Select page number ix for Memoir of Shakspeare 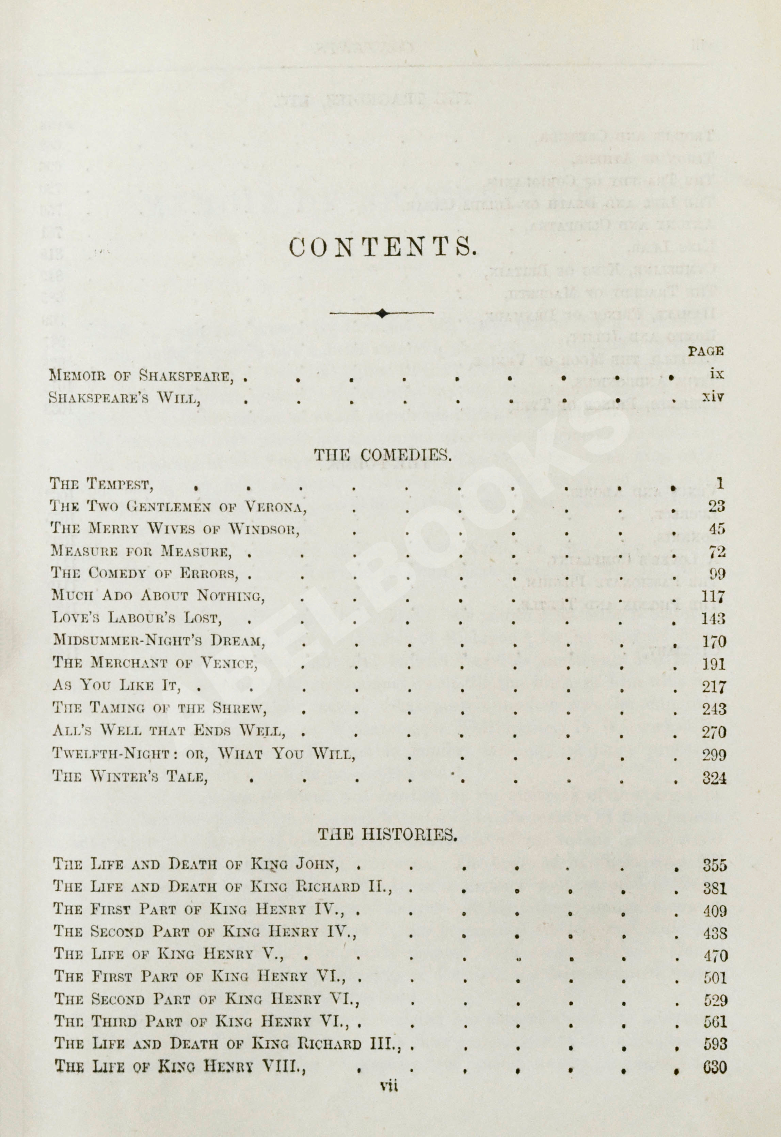pyautogui.click(x=716, y=374)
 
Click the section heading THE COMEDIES pyautogui.click(x=382, y=456)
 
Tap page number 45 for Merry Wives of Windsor pyautogui.click(x=716, y=529)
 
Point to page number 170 pyautogui.click(x=714, y=641)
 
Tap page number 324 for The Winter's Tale pyautogui.click(x=714, y=778)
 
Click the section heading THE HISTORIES pyautogui.click(x=387, y=834)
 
